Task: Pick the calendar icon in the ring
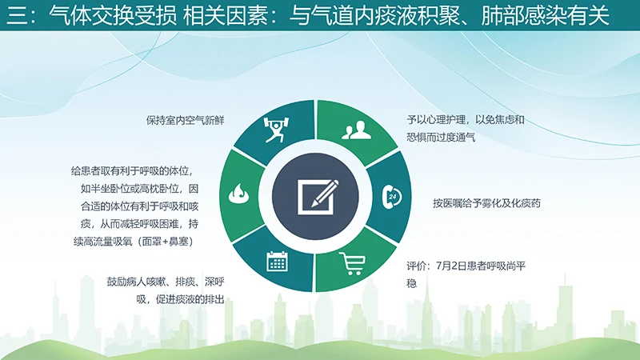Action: [277, 262]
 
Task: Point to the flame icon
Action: [238, 194]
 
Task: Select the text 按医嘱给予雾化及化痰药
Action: [487, 203]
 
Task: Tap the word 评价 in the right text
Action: [417, 266]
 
